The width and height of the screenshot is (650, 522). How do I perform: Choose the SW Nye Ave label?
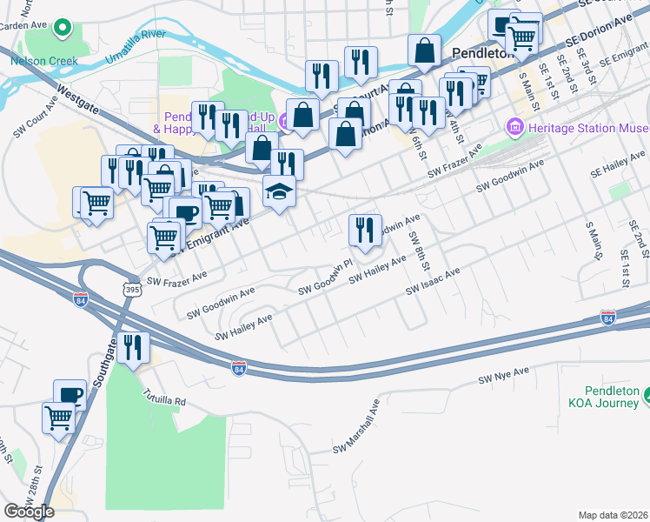click(503, 376)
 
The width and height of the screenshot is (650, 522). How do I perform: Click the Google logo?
click(29, 511)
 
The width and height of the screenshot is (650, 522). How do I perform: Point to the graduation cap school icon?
click(279, 191)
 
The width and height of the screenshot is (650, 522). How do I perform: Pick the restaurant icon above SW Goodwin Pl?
click(364, 230)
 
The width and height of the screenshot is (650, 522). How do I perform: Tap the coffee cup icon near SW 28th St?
click(70, 394)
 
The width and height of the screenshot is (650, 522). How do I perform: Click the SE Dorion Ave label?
click(599, 30)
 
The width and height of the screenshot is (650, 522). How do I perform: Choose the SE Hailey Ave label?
click(619, 157)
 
